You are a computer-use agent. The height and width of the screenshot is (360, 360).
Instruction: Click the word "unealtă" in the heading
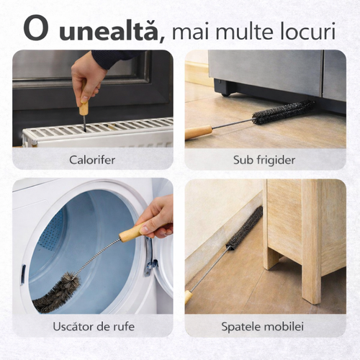[109, 31]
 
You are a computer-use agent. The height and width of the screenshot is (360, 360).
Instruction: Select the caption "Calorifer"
[92, 160]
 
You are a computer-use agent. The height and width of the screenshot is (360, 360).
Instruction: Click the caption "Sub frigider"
[264, 160]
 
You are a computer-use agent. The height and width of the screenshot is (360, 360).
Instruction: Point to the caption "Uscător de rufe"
[94, 326]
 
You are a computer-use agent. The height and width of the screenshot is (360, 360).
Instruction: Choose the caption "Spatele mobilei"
[263, 327]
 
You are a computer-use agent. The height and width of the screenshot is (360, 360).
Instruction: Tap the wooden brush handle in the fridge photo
[199, 132]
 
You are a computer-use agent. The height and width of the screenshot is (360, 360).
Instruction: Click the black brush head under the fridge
[283, 112]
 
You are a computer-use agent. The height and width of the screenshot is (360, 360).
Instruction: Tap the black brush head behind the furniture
[245, 228]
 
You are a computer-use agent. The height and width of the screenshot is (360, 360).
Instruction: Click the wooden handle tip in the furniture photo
[189, 297]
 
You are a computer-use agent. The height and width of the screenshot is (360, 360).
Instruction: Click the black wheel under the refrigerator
[225, 94]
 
